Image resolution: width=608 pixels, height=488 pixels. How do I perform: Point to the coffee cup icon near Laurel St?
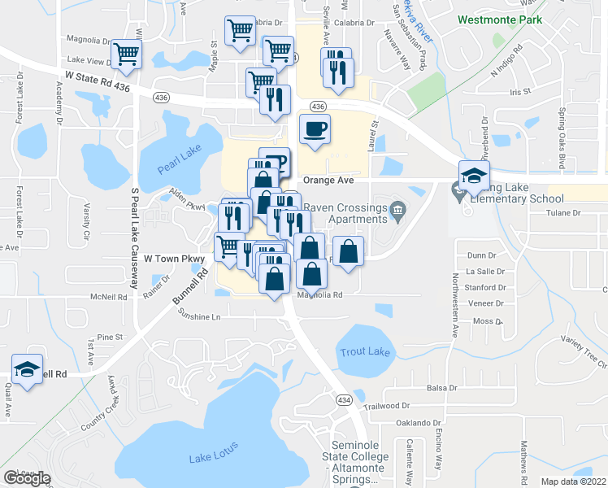pyautogui.click(x=315, y=129)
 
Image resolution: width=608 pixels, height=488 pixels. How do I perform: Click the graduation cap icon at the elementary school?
pyautogui.click(x=474, y=176)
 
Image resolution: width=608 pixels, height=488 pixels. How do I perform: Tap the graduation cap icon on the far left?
pyautogui.click(x=28, y=370)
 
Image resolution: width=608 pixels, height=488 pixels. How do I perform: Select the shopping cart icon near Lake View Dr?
pyautogui.click(x=127, y=54)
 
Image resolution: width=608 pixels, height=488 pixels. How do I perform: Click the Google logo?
pyautogui.click(x=26, y=478)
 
